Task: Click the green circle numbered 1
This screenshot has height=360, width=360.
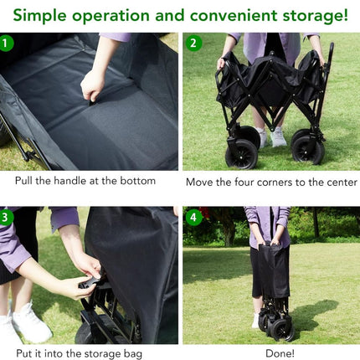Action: (5, 43)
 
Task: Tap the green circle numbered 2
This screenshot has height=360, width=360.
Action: (193, 43)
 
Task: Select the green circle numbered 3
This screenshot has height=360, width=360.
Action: (5, 217)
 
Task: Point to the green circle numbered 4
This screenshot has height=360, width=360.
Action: (193, 217)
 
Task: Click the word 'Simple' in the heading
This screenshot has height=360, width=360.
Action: (39, 16)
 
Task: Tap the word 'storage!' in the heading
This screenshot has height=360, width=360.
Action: (316, 16)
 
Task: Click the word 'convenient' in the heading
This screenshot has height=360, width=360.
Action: (234, 15)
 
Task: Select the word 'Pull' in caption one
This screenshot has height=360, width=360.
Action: (24, 181)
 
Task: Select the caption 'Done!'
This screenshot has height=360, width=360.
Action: (280, 353)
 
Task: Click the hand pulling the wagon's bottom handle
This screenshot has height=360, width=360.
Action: (92, 85)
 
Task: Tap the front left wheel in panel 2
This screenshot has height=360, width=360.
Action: (241, 154)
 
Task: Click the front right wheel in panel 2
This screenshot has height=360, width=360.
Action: (308, 150)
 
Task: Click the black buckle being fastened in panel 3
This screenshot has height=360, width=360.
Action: (90, 282)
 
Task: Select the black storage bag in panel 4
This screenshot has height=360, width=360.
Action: (274, 270)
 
